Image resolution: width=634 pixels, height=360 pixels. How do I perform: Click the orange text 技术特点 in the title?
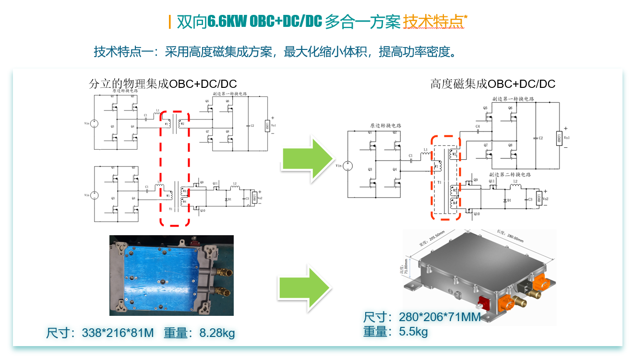point(433,22)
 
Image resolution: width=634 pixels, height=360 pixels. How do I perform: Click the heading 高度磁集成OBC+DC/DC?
point(493,84)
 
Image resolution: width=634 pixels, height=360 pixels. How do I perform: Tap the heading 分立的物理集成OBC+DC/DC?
point(163,84)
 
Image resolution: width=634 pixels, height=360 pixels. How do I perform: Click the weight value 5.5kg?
point(413,331)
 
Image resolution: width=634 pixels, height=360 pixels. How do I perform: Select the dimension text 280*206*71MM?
point(440,317)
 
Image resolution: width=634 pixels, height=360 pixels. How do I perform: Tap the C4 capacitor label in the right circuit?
point(478,126)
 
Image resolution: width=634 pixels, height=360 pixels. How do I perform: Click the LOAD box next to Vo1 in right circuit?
point(559,138)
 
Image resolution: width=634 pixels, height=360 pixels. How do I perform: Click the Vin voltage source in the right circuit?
point(349,166)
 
